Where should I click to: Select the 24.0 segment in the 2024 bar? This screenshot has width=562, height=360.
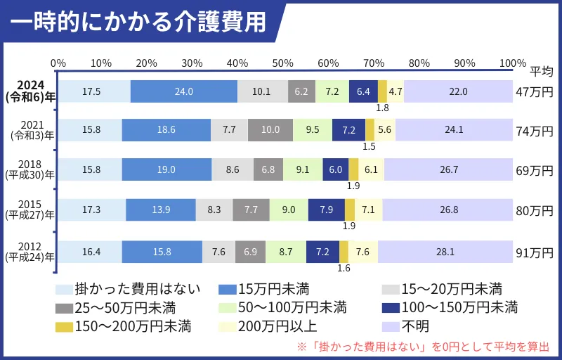pos(184,91)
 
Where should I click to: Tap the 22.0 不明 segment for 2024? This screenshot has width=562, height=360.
pos(458,91)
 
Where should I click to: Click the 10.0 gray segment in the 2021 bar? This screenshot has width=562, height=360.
pos(270,130)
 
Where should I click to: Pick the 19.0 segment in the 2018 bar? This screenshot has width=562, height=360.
pos(166,169)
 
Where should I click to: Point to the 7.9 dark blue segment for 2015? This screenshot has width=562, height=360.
pos(326,210)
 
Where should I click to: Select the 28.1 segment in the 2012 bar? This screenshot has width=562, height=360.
pos(445,251)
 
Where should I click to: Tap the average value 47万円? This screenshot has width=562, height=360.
pos(535,92)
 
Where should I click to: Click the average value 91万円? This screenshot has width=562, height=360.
pos(535,252)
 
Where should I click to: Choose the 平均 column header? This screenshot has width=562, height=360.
pos(541,70)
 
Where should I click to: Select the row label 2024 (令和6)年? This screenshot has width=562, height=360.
pos(30,91)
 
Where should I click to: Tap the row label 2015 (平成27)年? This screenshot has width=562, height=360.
pos(30,210)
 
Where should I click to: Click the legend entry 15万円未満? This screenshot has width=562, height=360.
pos(263,289)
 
